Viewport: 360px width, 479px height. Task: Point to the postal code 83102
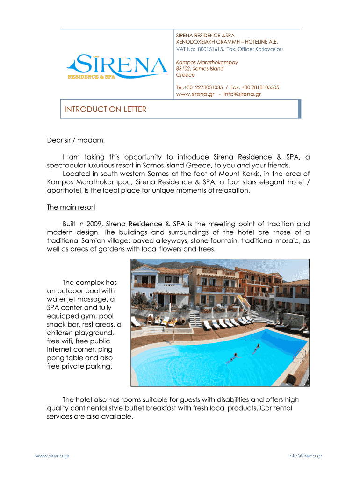183,68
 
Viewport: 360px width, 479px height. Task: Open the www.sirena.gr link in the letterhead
194,94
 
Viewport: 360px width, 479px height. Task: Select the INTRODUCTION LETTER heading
105,109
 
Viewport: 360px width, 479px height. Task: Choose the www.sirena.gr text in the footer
53,456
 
